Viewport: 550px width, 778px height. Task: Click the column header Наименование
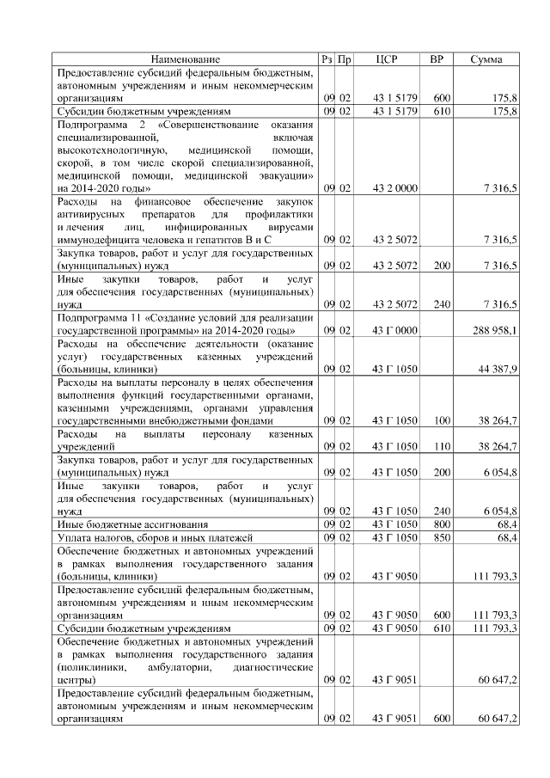(186, 59)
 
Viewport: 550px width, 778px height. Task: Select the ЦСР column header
(388, 59)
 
